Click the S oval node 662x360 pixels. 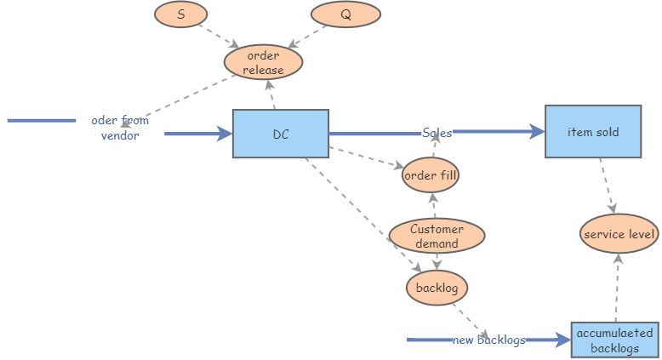click(181, 14)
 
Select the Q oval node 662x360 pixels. click(345, 14)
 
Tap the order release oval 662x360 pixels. click(264, 63)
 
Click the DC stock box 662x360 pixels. click(281, 134)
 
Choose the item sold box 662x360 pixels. click(593, 132)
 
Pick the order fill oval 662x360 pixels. click(431, 176)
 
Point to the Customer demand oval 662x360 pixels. click(437, 236)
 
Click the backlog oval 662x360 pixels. click(437, 288)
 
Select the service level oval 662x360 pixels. click(619, 234)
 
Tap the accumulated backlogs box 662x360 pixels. click(614, 340)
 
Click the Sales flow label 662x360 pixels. click(437, 133)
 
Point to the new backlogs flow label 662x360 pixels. click(488, 340)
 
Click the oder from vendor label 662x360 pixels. click(120, 128)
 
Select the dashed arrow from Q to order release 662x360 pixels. click(308, 35)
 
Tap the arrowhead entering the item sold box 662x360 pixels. click(537, 132)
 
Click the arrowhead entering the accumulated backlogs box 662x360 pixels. click(562, 340)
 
